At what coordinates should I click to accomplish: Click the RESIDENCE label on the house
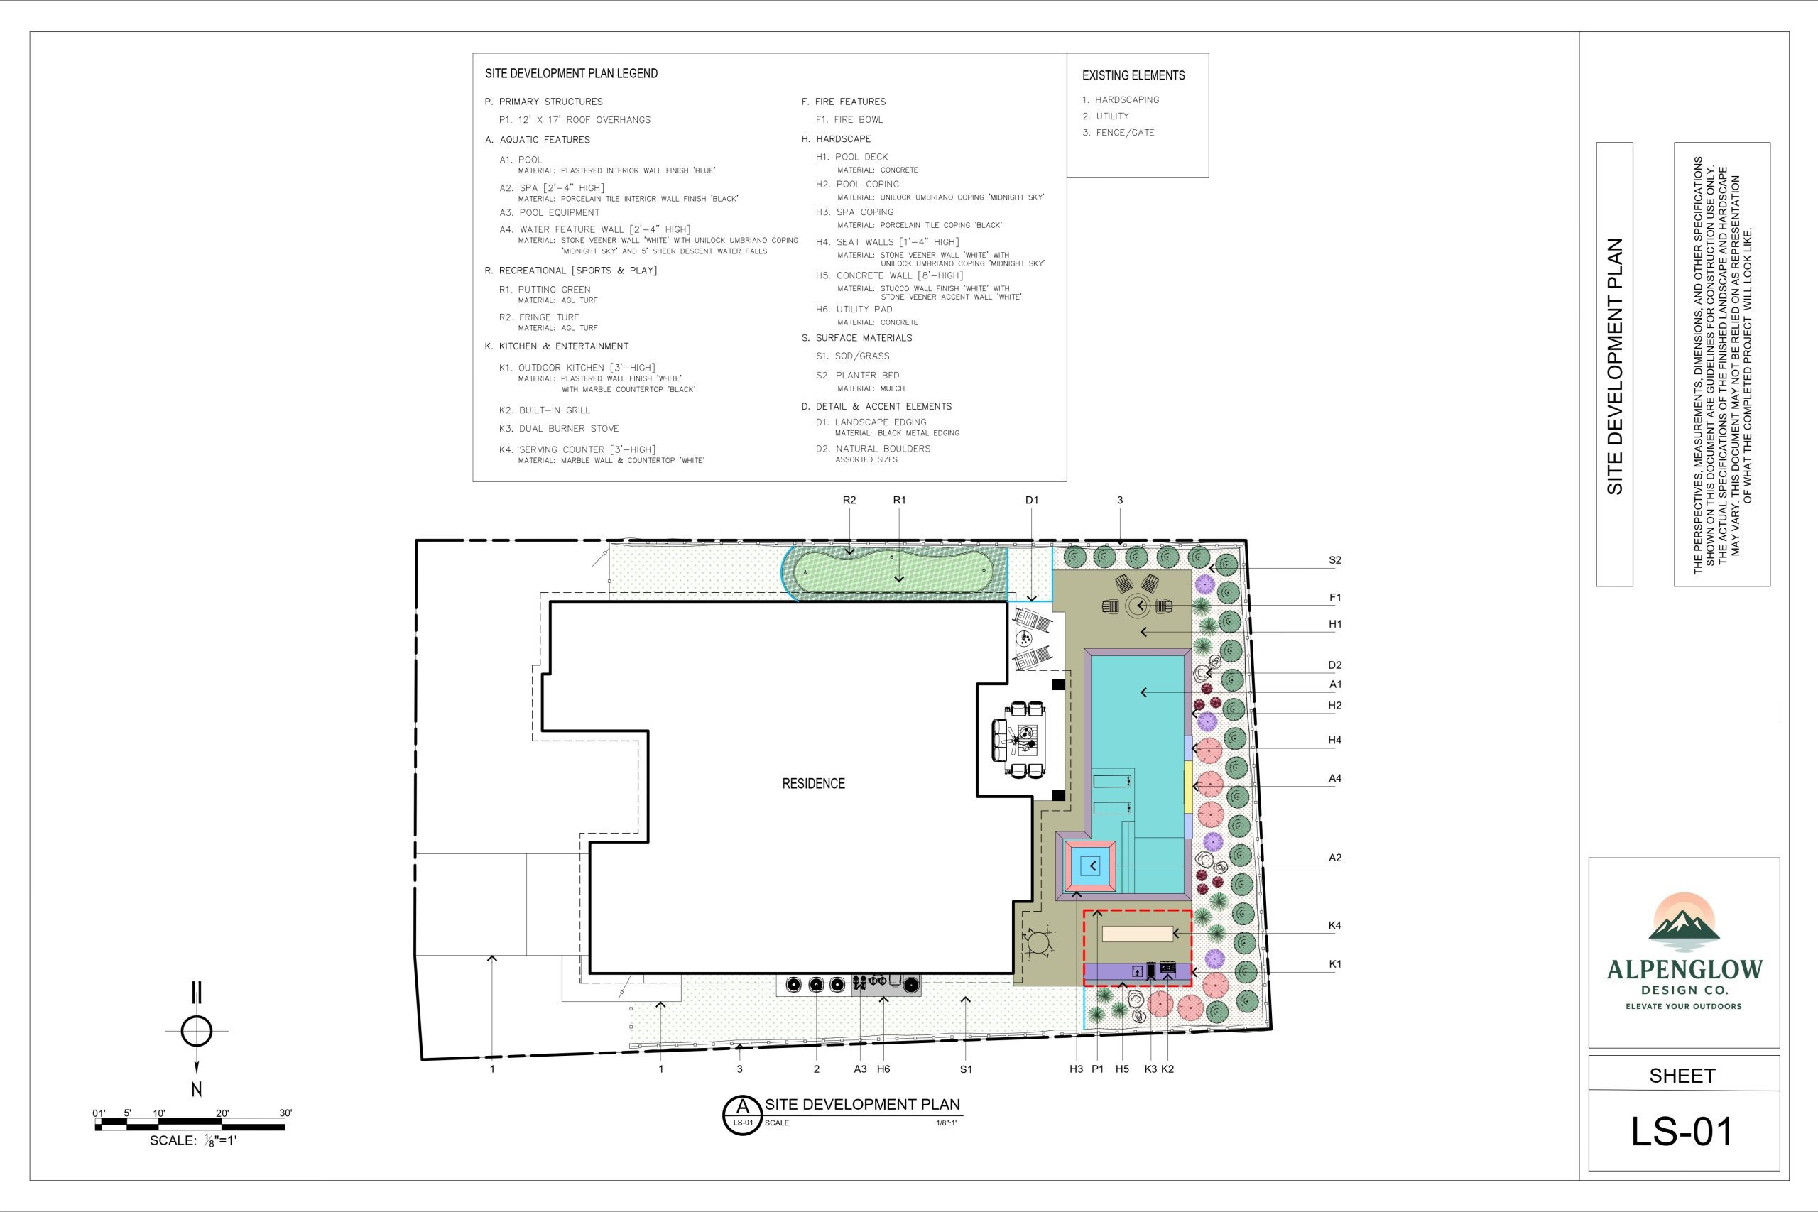point(813,784)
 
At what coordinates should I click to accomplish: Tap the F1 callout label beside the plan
point(1335,598)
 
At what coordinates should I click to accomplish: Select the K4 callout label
point(1335,925)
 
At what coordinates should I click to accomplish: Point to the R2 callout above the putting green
point(849,500)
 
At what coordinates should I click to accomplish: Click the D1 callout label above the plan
point(1032,500)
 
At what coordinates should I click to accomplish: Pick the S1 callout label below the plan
point(965,1069)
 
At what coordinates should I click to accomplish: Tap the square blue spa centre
point(1090,866)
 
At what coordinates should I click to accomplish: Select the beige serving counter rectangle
point(1136,934)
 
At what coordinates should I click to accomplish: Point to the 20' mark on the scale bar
point(222,1113)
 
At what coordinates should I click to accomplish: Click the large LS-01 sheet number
point(1681,1132)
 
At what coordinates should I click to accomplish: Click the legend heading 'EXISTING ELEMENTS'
point(1133,76)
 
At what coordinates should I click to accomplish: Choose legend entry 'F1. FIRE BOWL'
point(849,120)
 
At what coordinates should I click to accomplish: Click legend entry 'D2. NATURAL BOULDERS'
point(873,448)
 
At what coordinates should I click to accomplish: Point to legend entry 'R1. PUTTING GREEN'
point(544,290)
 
